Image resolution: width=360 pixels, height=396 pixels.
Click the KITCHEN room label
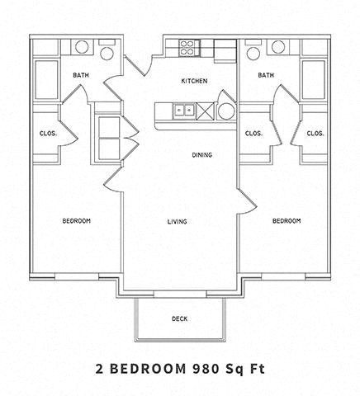coord(194,81)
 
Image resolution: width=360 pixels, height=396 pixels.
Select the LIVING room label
coord(176,221)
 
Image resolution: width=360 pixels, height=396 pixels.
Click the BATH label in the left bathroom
coord(81,75)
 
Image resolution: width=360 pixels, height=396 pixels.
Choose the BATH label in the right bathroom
coord(265,75)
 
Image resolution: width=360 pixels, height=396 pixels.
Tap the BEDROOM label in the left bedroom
coord(77,221)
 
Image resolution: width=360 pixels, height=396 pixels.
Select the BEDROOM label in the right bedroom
coord(286,221)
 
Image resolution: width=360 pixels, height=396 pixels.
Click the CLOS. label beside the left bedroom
coord(46,134)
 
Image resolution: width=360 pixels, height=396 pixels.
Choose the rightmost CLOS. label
coord(315,134)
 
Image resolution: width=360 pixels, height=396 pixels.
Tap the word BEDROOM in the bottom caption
coord(154,366)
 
